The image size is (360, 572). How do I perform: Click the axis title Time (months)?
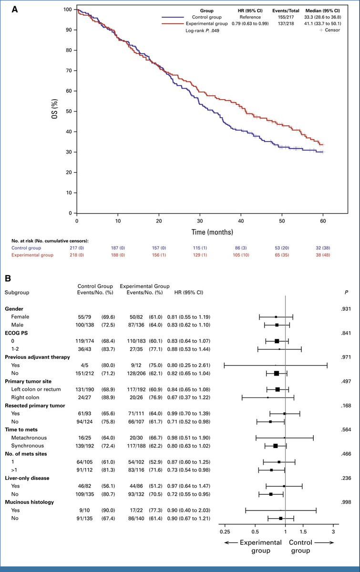click(199, 233)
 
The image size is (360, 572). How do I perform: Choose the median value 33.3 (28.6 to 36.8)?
click(324, 17)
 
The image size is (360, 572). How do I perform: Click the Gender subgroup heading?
click(14, 309)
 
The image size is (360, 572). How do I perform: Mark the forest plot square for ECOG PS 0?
click(277, 341)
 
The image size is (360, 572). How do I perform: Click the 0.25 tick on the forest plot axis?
click(224, 531)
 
